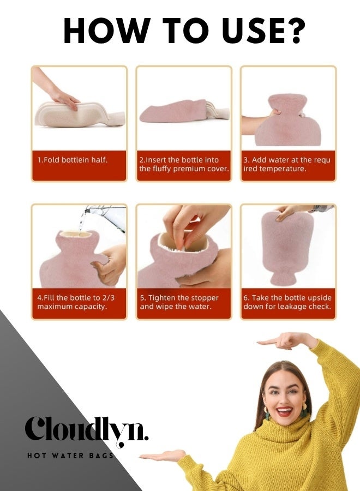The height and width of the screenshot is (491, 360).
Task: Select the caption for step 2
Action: coord(183,164)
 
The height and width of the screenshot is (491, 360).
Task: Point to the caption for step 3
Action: coord(287,164)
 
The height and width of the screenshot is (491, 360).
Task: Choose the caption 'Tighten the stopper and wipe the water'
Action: coord(179,302)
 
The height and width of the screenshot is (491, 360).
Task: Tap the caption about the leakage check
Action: coord(287,302)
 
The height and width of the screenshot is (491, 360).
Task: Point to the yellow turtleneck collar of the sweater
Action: coord(286,439)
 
